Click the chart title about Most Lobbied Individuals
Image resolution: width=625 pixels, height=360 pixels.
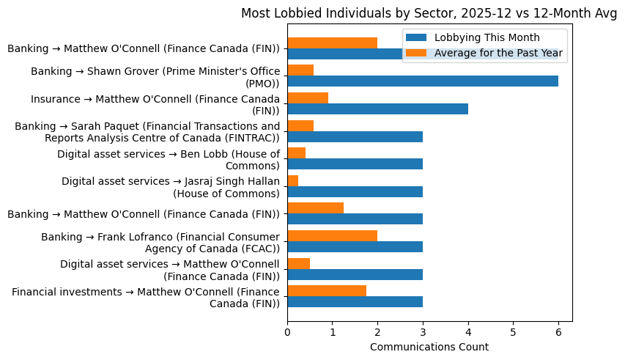tap(429, 13)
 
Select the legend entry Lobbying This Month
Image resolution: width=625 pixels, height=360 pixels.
tap(487, 37)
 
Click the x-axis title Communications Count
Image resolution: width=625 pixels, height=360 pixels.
tap(429, 346)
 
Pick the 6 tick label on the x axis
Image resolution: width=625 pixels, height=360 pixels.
tap(558, 331)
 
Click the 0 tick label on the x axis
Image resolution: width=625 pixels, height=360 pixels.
tap(287, 331)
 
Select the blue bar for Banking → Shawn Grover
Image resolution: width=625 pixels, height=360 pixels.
tap(422, 81)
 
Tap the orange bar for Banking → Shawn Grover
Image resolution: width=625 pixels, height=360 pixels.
tap(300, 70)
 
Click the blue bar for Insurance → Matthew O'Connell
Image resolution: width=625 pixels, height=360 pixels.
tap(377, 109)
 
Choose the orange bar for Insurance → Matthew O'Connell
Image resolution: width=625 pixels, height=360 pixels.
tap(308, 98)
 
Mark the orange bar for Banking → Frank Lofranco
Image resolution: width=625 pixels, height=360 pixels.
tap(332, 235)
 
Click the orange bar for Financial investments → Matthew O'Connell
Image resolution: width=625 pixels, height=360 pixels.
tap(327, 290)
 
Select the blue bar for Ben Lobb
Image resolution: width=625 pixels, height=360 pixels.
tap(355, 164)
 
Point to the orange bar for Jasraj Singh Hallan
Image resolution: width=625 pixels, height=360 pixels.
tap(293, 180)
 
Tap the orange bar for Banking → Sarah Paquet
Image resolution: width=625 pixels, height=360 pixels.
tap(300, 125)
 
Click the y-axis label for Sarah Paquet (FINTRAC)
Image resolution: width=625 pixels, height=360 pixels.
tap(147, 132)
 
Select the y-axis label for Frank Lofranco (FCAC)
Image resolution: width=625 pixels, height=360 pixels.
tap(160, 242)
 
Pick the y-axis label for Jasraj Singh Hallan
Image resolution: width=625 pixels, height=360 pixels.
tap(171, 187)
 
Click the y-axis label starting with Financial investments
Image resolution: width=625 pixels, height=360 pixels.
tap(146, 297)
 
